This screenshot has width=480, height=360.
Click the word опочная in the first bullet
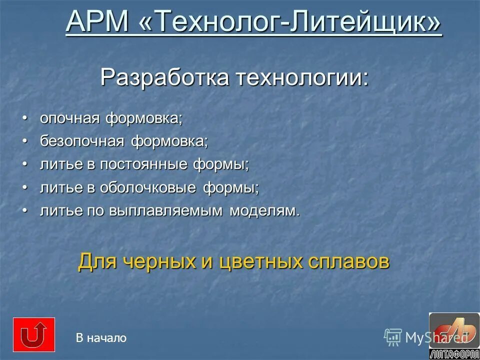click(x=70, y=118)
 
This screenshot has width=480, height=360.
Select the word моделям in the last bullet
click(x=264, y=210)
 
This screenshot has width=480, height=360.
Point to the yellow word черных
click(x=172, y=261)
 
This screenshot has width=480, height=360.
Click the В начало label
click(x=101, y=338)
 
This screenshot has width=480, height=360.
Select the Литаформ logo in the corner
click(x=454, y=335)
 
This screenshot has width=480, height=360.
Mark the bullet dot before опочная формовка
click(x=24, y=118)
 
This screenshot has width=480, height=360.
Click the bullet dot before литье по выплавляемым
click(x=24, y=210)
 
